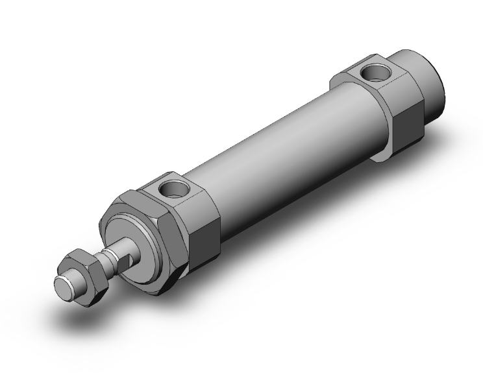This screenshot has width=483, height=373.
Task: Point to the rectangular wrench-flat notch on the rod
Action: tap(129, 259)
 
